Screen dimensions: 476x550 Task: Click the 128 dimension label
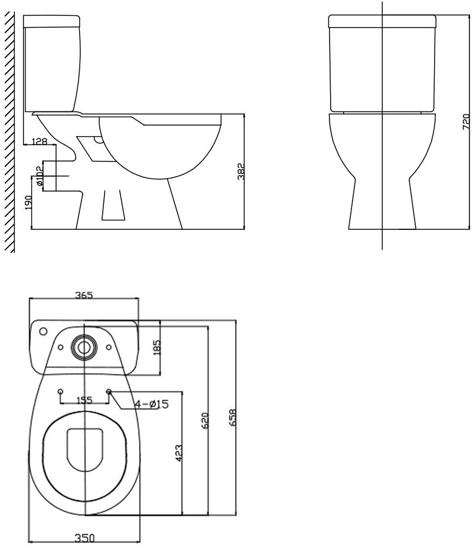[x=40, y=141]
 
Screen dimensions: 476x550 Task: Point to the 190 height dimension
[x=28, y=202]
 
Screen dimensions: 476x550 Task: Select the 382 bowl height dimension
[x=240, y=172]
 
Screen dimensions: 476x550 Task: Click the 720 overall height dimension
[x=466, y=121]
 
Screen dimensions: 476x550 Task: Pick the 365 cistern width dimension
[x=84, y=295]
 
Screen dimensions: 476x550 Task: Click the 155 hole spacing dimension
[x=84, y=400]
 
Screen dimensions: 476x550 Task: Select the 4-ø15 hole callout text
[x=152, y=404]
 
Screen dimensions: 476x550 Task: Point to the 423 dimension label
[x=178, y=453]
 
